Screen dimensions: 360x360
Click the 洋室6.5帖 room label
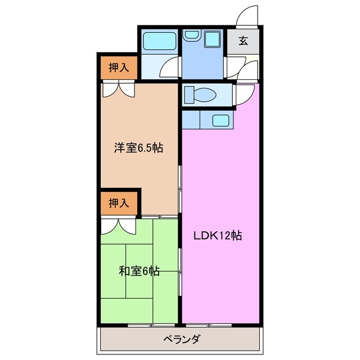[x=139, y=148]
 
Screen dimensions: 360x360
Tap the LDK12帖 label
[x=218, y=236]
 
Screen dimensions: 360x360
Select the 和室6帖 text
[x=139, y=271]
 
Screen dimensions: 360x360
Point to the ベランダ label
[x=181, y=339]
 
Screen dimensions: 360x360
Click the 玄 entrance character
[x=243, y=40]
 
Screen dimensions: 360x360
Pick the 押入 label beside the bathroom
[x=119, y=67]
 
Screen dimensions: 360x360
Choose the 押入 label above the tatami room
[x=119, y=203]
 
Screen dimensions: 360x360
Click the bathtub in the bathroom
[x=160, y=41]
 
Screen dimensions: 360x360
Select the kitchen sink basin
[x=221, y=119]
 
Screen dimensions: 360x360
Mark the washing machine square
[x=213, y=39]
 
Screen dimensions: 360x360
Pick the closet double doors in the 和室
[x=119, y=226]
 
